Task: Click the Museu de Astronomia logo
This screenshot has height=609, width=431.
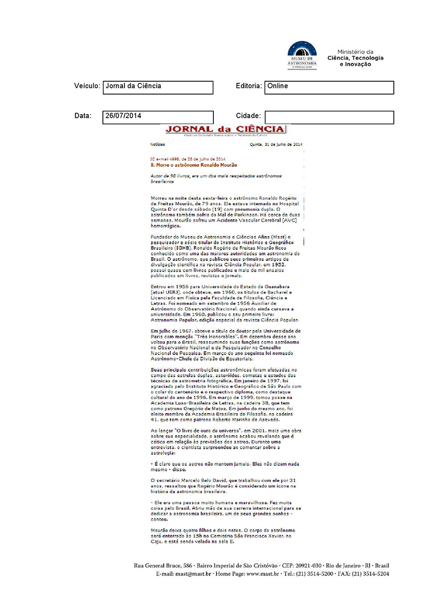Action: click(x=302, y=54)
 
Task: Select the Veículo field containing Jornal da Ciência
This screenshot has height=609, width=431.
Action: click(x=157, y=87)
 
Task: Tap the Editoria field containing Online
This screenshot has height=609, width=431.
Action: click(x=329, y=87)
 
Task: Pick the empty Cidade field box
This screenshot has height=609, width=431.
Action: click(x=329, y=117)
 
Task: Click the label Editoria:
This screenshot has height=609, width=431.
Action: click(x=249, y=86)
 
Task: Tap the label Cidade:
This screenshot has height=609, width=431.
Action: click(x=248, y=116)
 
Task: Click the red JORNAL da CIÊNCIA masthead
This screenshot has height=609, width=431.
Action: click(x=225, y=129)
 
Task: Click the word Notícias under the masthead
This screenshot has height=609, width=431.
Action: click(x=158, y=145)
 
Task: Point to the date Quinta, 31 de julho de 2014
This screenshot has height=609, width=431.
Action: click(x=276, y=145)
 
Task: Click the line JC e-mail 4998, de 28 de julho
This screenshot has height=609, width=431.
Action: click(x=187, y=159)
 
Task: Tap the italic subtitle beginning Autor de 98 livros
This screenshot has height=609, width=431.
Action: click(x=215, y=179)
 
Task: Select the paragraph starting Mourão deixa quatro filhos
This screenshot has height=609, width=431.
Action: click(x=224, y=536)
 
